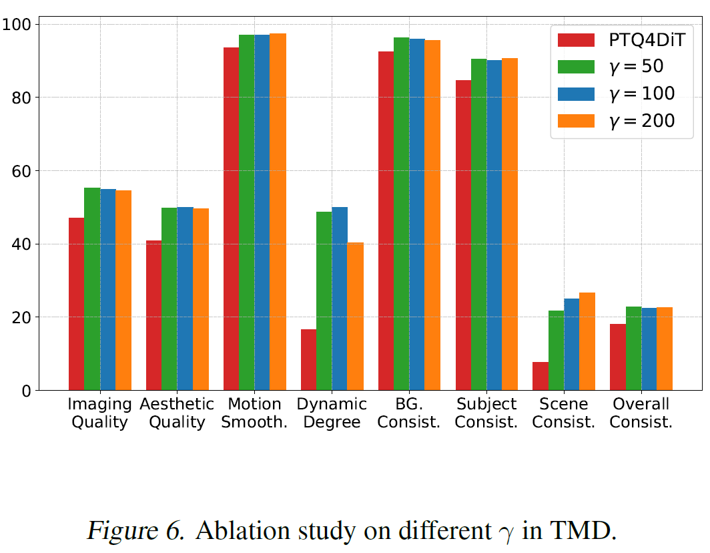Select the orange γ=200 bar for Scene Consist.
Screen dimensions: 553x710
coord(587,341)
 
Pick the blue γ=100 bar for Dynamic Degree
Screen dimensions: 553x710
coord(340,299)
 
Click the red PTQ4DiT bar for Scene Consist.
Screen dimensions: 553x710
coord(540,376)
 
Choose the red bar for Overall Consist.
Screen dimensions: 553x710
coord(617,357)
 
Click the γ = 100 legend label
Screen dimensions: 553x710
coord(637,93)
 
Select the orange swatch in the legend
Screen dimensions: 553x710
coord(576,120)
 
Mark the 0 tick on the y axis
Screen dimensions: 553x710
coord(27,391)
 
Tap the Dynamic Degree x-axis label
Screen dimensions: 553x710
coord(332,413)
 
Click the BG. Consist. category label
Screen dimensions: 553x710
coord(409,413)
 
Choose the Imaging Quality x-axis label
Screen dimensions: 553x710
coord(99,413)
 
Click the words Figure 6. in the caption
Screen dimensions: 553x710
coord(136,531)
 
